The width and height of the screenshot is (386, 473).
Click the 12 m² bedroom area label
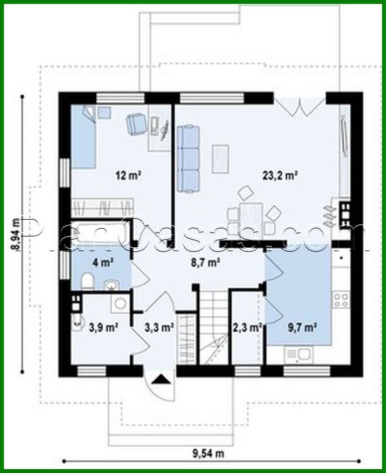click(x=129, y=175)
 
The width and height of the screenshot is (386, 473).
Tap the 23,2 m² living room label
click(x=280, y=175)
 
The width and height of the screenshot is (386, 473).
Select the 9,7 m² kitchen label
click(x=302, y=327)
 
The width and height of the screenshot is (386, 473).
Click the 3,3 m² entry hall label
click(x=159, y=327)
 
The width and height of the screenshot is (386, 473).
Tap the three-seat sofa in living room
click(x=188, y=158)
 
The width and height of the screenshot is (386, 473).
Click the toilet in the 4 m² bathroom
click(x=88, y=281)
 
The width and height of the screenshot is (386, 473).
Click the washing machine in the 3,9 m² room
click(x=119, y=303)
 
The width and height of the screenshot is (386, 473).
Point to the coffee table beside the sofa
click(x=220, y=158)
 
